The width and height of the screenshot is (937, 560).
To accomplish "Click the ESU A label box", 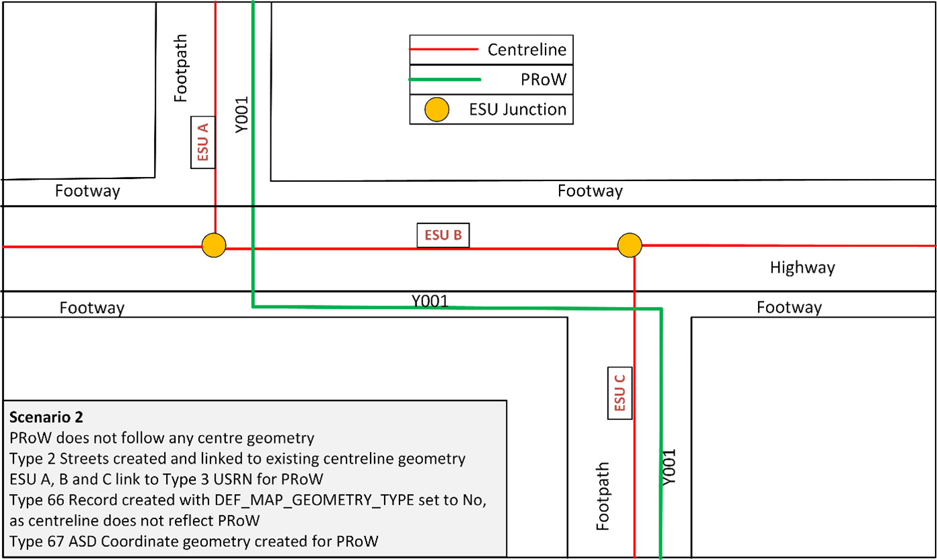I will tap(202, 143).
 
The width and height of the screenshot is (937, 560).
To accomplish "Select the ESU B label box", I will tap(443, 235).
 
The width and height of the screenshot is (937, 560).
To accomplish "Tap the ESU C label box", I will tap(620, 393).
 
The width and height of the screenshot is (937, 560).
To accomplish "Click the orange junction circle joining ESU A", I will tap(214, 244).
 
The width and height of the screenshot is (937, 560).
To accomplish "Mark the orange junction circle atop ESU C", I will tap(630, 245).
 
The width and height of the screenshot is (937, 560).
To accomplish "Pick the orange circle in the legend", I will tap(438, 110).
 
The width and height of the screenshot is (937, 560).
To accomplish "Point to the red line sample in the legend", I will tap(444, 50).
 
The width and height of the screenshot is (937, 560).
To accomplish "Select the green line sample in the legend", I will tap(445, 79).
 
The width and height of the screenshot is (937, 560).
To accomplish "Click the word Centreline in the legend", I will tap(527, 50).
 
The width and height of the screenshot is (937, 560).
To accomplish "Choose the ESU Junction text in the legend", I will tap(518, 109).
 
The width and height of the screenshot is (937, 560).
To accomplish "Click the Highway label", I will tap(802, 268).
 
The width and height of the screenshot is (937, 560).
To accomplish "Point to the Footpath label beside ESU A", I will tap(180, 69).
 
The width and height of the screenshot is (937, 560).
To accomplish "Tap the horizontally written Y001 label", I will tap(430, 300).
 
